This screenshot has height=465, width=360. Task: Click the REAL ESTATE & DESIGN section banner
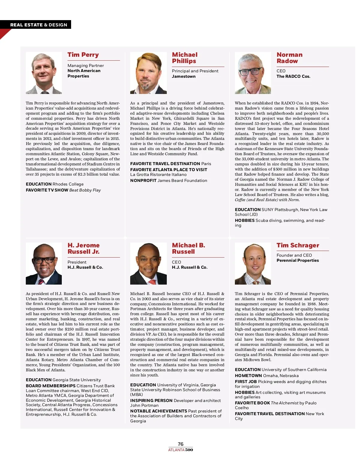tap(38, 25)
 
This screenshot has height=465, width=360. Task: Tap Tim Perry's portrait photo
tap(44, 73)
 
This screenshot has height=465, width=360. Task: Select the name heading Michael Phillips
tap(184, 58)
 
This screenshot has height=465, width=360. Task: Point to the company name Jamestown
tap(184, 77)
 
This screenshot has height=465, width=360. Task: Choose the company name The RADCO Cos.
tap(293, 77)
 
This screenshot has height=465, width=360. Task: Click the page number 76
tap(180, 444)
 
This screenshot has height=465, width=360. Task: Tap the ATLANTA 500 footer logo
tap(180, 450)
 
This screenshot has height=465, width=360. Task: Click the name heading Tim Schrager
tap(298, 246)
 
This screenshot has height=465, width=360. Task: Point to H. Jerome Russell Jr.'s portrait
tap(44, 264)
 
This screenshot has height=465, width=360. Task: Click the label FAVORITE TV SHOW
tap(47, 190)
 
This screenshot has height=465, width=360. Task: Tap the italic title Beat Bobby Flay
tap(85, 190)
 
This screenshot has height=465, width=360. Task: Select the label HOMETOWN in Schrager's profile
tap(248, 376)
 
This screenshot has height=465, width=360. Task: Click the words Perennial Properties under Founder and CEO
tap(298, 261)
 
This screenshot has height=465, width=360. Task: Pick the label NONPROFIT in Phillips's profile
tap(143, 181)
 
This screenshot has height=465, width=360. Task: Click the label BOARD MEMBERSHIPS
tap(50, 386)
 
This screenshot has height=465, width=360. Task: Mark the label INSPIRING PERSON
tap(151, 401)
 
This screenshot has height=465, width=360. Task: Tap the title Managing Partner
tap(85, 66)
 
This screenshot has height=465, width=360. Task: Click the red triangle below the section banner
tap(4, 33)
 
